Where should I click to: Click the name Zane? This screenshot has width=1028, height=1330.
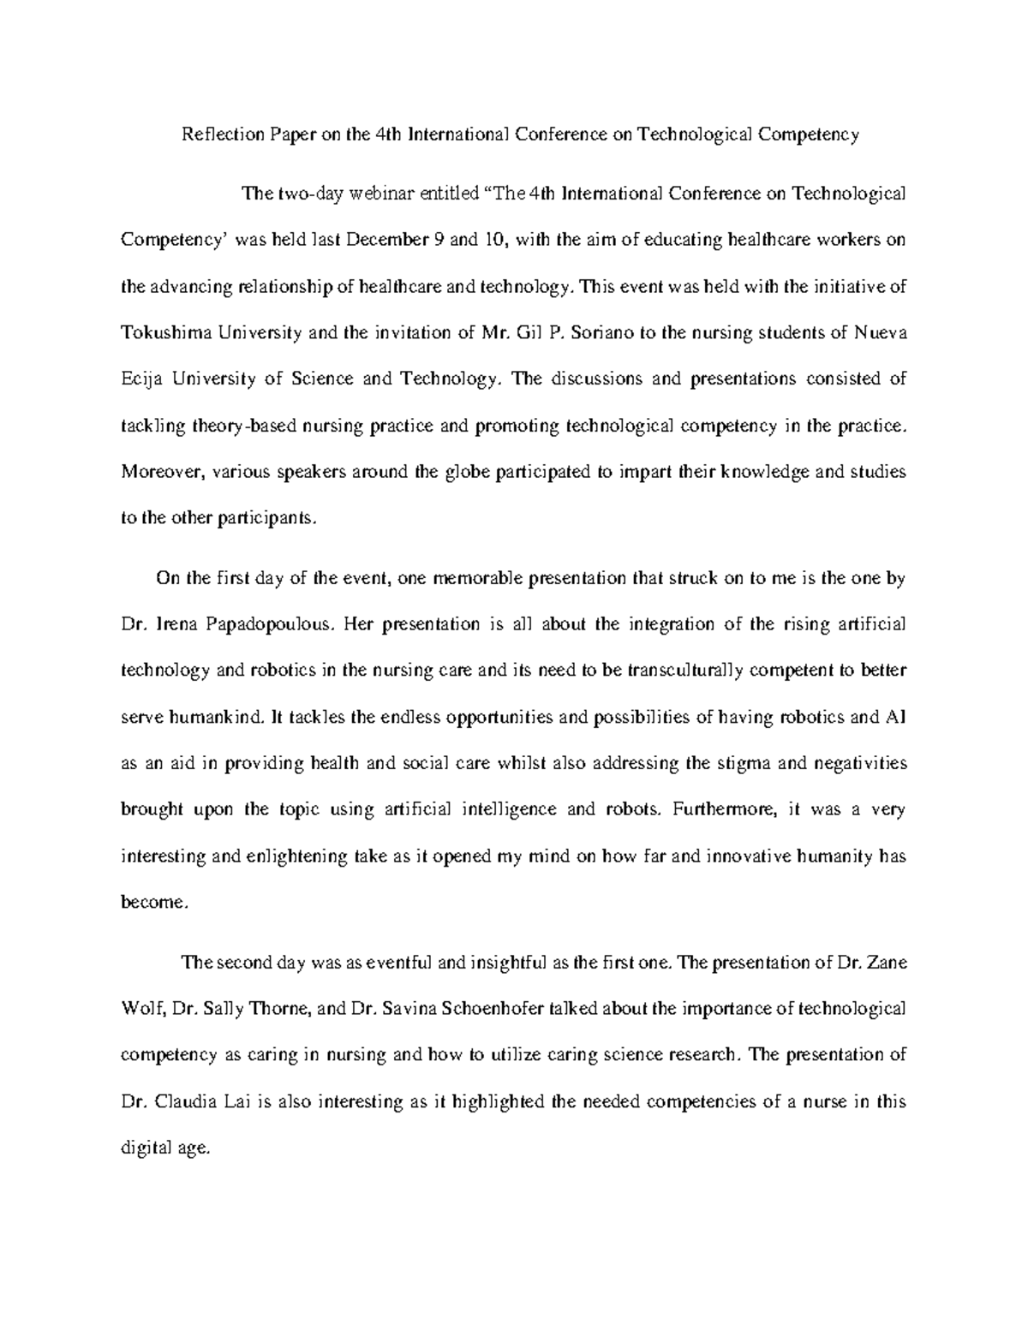pyautogui.click(x=887, y=962)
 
